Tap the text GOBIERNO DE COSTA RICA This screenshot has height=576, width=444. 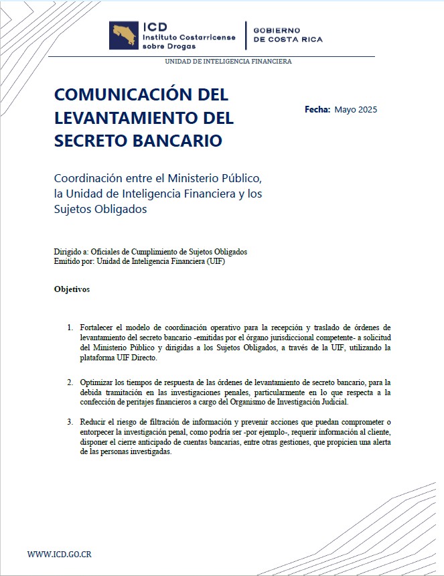tap(287, 35)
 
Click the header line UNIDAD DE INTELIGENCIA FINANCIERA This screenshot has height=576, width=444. tap(228, 62)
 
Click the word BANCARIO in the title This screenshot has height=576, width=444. tap(179, 142)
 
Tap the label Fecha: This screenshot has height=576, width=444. tap(317, 109)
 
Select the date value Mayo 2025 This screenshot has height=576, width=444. tap(356, 110)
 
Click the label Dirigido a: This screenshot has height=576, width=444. tap(71, 252)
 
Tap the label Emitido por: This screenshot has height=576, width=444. tap(74, 261)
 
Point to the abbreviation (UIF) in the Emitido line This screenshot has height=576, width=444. tap(216, 261)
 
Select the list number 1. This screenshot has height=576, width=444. tap(70, 328)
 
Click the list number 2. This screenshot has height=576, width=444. tap(70, 382)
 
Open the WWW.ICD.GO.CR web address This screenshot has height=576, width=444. tap(60, 554)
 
